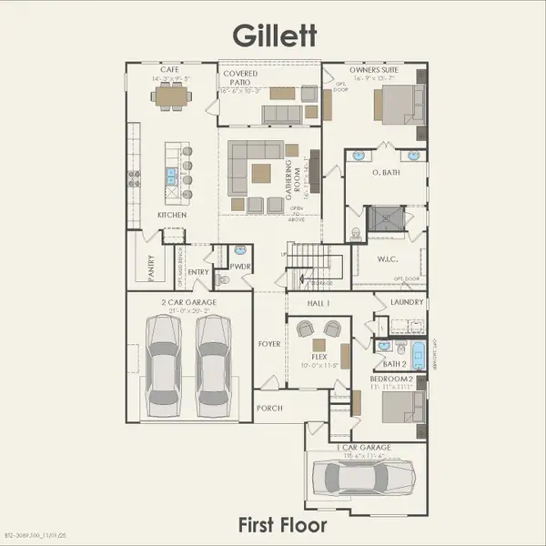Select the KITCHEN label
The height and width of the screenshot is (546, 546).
point(172,215)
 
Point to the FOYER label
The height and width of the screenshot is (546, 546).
point(269,345)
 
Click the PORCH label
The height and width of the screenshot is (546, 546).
point(269,408)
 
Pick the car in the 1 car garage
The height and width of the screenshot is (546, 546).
point(362,476)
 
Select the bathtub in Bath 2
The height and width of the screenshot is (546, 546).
point(418,354)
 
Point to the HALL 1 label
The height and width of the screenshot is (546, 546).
point(319,302)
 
